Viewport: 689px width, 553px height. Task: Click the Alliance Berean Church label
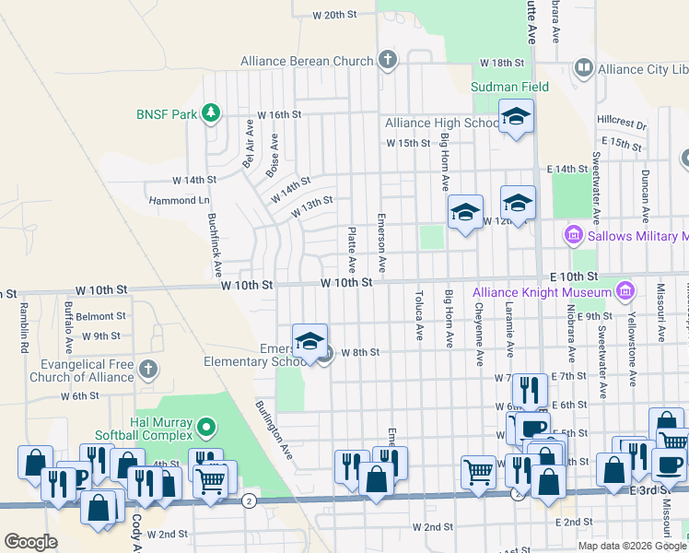pyautogui.click(x=307, y=61)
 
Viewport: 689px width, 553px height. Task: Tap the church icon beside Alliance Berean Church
pyautogui.click(x=388, y=61)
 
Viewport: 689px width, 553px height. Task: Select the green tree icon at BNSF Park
pyautogui.click(x=212, y=113)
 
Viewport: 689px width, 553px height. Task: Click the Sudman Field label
pyautogui.click(x=509, y=87)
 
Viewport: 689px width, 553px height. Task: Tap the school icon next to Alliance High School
pyautogui.click(x=517, y=117)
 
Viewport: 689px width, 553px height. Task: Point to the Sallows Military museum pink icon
pyautogui.click(x=573, y=237)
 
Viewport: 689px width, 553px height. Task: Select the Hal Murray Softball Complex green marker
pyautogui.click(x=207, y=427)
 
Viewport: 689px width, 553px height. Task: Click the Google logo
pyautogui.click(x=30, y=542)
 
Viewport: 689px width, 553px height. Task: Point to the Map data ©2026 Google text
pyautogui.click(x=631, y=546)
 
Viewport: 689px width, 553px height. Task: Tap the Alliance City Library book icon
pyautogui.click(x=583, y=68)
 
